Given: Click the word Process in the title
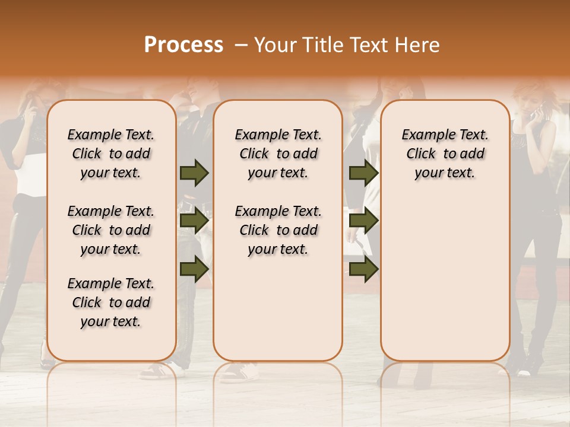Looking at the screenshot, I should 183,45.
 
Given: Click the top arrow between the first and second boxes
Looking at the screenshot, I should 194,173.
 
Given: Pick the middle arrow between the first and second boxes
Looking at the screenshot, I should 194,221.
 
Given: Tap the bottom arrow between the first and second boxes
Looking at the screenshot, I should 194,269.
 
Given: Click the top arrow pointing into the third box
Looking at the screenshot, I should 363,173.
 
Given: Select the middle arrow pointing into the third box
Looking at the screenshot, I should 363,221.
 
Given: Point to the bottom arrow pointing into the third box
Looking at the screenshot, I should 363,269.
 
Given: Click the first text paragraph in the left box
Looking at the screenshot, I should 111,154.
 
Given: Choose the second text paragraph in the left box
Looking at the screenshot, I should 111,230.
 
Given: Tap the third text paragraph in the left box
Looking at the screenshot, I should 111,302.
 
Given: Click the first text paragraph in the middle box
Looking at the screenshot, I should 278,154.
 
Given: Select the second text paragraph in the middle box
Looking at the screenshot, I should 278,230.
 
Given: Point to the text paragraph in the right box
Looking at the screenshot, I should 445,154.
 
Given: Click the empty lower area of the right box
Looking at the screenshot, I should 445,279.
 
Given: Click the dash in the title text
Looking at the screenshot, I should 240,46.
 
